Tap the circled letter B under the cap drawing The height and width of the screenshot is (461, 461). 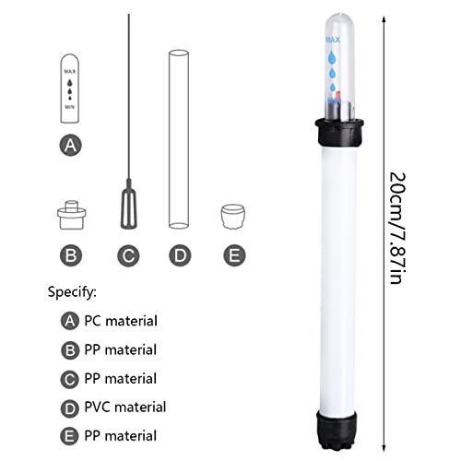pos(71,254)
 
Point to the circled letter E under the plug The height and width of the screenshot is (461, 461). pos(233,254)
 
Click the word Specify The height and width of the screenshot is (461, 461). pos(72,292)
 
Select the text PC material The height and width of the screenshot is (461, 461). pos(120,321)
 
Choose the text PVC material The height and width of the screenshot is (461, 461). pos(124,407)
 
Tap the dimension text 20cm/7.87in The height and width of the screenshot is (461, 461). pos(397,227)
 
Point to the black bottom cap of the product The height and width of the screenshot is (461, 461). pos(337,427)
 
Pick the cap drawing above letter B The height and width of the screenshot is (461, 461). pos(71,215)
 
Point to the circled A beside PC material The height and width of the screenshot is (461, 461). pos(68,321)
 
